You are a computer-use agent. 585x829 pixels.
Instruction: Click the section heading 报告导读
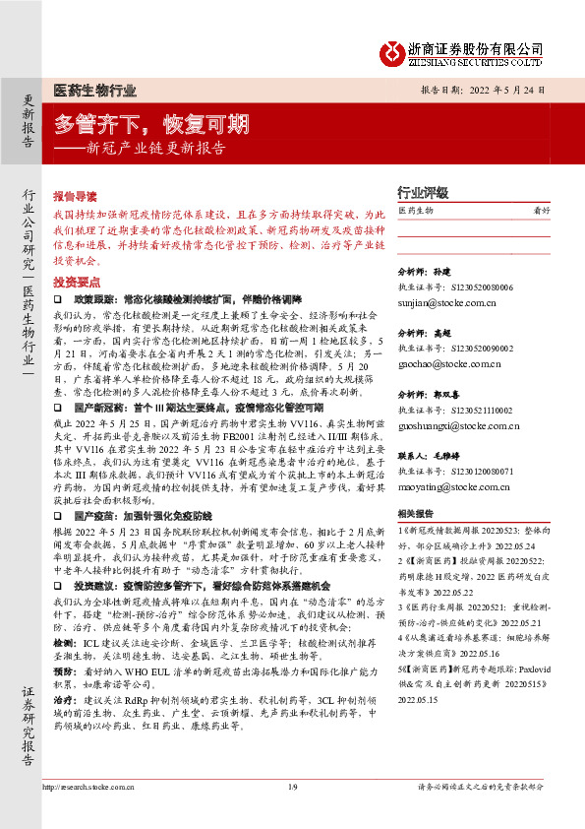coord(76,196)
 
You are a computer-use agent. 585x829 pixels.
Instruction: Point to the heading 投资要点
coord(76,282)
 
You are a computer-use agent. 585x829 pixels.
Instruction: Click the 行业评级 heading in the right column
coord(422,193)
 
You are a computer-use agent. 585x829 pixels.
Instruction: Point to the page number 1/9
coord(292,814)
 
